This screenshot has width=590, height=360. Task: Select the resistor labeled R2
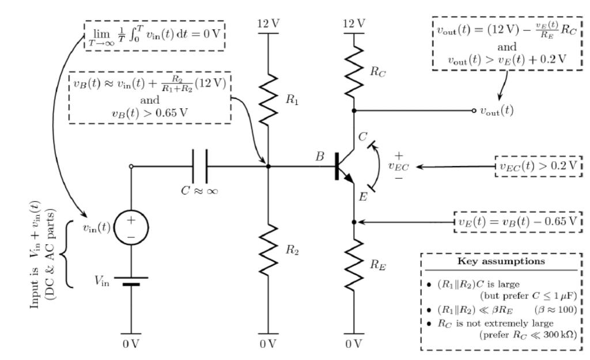pyautogui.click(x=268, y=252)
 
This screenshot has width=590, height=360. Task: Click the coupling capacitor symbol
pyautogui.click(x=198, y=166)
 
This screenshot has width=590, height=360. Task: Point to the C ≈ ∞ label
pyautogui.click(x=198, y=191)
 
